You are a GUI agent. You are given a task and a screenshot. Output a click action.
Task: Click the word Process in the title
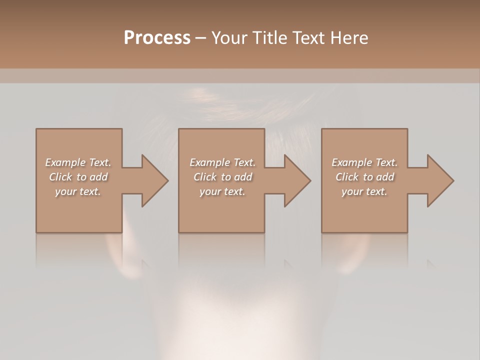[157, 38]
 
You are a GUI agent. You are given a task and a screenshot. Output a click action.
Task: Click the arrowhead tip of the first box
[167, 180]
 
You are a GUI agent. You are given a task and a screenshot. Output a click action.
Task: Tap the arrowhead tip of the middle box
[310, 180]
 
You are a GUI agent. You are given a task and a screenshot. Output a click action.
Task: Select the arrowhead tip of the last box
[453, 180]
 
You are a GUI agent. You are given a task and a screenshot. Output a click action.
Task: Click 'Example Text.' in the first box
[78, 162]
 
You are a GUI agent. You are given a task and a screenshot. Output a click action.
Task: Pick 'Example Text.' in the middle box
[222, 162]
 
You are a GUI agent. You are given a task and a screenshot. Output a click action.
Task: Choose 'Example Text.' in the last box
[364, 162]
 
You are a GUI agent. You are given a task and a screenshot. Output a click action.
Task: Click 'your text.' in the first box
[78, 191]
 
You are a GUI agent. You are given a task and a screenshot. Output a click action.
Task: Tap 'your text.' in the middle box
[222, 191]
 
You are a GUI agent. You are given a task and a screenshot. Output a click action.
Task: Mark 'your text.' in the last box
[364, 191]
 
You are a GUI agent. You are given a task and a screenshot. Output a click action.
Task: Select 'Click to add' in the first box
[78, 177]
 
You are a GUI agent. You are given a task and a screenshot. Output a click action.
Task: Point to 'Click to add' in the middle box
[222, 177]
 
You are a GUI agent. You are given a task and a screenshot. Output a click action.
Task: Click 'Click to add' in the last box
[364, 177]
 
